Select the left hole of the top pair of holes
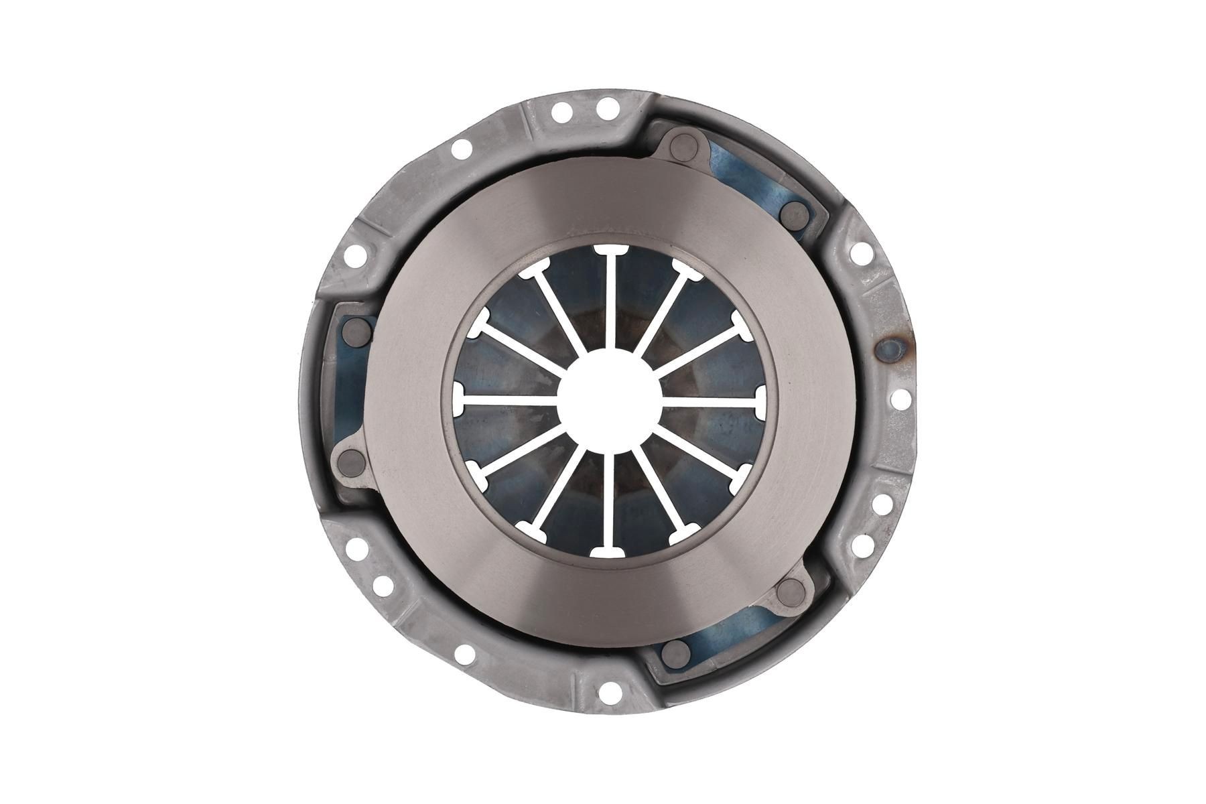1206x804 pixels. [x=562, y=109]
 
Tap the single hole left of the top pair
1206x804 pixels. [x=460, y=149]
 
